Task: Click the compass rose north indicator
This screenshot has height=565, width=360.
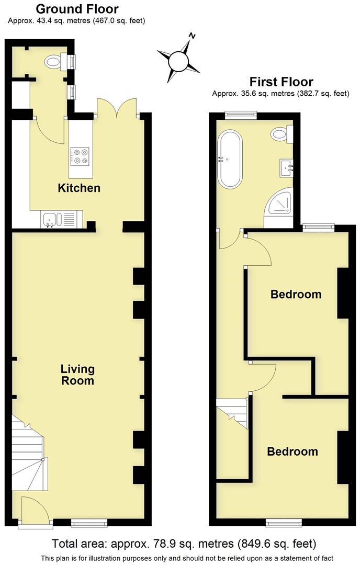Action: pyautogui.click(x=192, y=37)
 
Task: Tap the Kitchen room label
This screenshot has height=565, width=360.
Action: pyautogui.click(x=79, y=188)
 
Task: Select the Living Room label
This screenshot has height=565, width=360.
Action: pyautogui.click(x=77, y=375)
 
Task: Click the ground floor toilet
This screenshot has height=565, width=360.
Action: pyautogui.click(x=55, y=62)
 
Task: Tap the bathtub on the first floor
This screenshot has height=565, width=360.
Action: pyautogui.click(x=230, y=160)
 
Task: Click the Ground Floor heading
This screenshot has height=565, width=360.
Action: pyautogui.click(x=76, y=9)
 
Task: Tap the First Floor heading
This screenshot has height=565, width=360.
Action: pyautogui.click(x=281, y=82)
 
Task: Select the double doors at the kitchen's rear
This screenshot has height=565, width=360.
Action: pyautogui.click(x=117, y=108)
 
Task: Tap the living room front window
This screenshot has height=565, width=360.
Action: pyautogui.click(x=89, y=522)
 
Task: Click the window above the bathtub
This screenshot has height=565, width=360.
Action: pyautogui.click(x=241, y=114)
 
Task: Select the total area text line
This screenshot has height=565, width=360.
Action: pyautogui.click(x=184, y=544)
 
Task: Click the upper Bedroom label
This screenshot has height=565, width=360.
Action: pyautogui.click(x=296, y=294)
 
